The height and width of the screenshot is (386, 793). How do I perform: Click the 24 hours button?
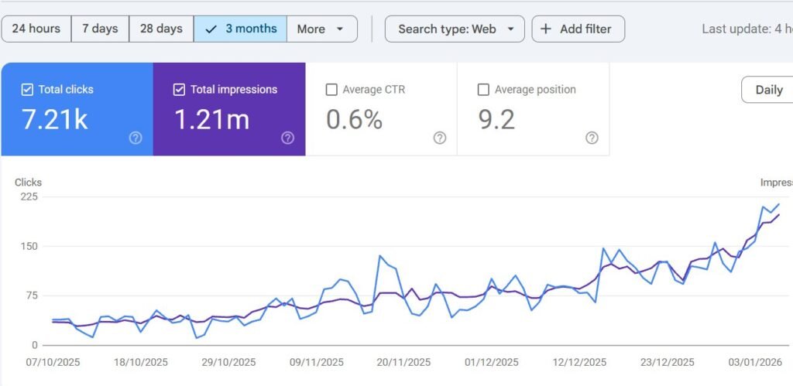(x=36, y=29)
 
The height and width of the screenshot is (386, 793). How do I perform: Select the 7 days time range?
(x=100, y=29)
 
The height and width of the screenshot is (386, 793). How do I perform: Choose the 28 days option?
(x=161, y=29)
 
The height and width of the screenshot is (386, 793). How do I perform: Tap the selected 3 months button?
(x=240, y=29)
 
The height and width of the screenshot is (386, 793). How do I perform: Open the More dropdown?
(x=321, y=29)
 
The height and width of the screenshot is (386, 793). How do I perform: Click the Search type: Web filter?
(x=455, y=29)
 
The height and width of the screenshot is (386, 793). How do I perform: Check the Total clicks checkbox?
(x=27, y=90)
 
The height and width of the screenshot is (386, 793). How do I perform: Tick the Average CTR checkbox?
(x=331, y=90)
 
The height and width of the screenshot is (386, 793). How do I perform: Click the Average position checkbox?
(x=483, y=90)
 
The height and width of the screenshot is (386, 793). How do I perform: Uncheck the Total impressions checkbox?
(x=179, y=90)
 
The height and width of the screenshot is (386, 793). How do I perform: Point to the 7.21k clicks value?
(x=55, y=120)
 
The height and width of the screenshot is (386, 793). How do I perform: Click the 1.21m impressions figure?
(x=212, y=120)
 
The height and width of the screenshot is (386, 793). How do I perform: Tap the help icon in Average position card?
(x=592, y=138)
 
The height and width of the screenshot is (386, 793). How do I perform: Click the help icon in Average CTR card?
(x=440, y=138)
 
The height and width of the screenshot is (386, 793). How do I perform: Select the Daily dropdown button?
(x=767, y=90)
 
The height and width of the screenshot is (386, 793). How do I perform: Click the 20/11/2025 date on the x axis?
(x=403, y=362)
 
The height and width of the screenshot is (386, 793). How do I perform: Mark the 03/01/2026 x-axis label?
(x=755, y=362)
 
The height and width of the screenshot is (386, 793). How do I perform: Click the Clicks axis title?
(x=29, y=183)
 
